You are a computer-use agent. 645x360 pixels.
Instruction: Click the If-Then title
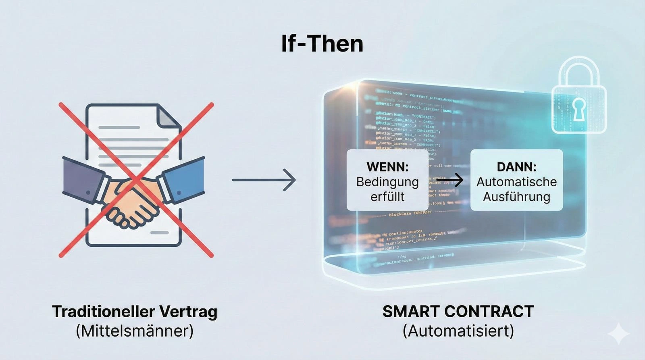[322, 44]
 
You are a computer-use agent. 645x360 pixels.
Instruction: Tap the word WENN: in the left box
[387, 166]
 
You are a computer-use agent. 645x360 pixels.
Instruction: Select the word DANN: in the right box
[516, 166]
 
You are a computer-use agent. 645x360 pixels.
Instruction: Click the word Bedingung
[387, 182]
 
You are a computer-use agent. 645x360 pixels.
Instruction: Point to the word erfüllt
[387, 197]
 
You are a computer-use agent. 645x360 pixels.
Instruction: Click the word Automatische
[516, 182]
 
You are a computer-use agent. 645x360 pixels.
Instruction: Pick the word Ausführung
[516, 197]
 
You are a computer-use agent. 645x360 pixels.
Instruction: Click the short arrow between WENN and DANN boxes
[449, 180]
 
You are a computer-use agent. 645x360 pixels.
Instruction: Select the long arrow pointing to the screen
[264, 180]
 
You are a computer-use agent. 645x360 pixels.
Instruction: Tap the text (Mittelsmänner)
[135, 331]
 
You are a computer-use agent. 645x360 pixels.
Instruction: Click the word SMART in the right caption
[411, 312]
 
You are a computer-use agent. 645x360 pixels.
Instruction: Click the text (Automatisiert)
[458, 331]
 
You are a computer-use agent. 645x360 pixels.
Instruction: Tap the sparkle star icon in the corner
[619, 334]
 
